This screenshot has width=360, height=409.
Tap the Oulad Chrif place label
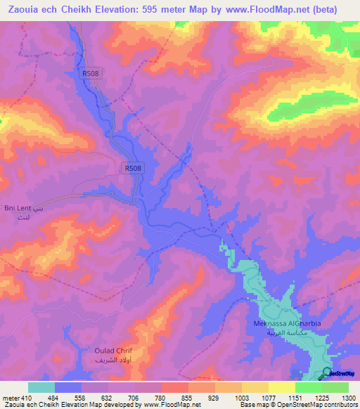[113, 350]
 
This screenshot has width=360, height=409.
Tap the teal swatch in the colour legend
[41, 387]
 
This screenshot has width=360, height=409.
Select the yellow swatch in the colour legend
[281, 387]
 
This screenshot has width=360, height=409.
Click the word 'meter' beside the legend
[9, 398]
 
